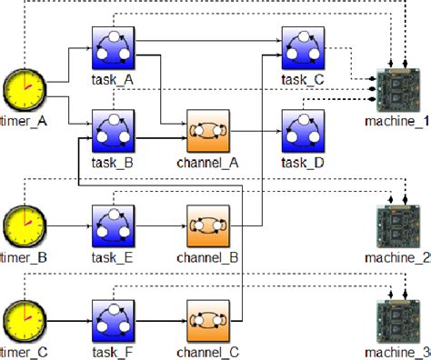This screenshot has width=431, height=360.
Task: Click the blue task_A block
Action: (x=113, y=45)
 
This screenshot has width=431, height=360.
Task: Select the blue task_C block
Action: (x=303, y=45)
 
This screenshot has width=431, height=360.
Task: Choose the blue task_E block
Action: (x=113, y=225)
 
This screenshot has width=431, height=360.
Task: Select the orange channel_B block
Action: (x=208, y=225)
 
